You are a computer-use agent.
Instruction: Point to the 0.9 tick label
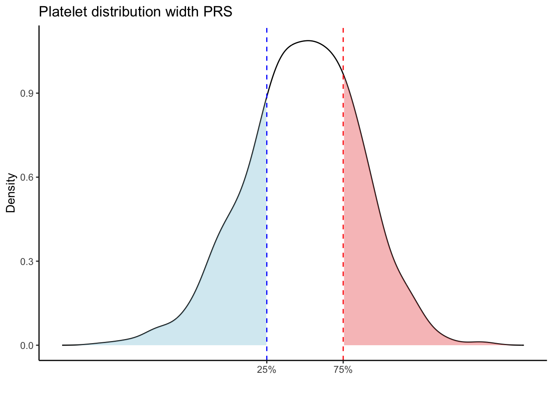(x=27, y=93)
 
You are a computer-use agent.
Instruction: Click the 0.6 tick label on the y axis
(x=27, y=177)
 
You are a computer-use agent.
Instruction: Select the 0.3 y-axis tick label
(x=27, y=261)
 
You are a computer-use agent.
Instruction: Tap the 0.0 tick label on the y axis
(x=27, y=345)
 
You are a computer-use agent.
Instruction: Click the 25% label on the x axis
(x=267, y=370)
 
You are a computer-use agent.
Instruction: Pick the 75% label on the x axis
(x=343, y=370)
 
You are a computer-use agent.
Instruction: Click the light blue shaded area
(x=235, y=288)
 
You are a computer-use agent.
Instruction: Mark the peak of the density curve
(x=308, y=41)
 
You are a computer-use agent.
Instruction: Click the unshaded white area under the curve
(x=305, y=206)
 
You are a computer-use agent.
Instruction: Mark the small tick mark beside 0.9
(x=37, y=93)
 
